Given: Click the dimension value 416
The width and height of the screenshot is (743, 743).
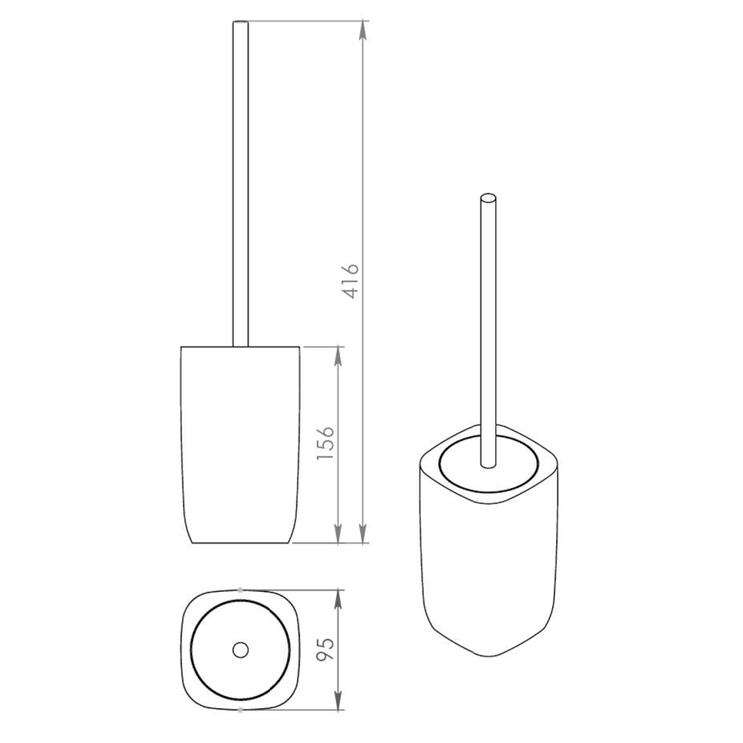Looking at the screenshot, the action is [351, 282].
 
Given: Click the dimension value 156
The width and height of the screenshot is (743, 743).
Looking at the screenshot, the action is [325, 444].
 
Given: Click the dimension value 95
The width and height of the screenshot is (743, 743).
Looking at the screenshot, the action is [325, 649].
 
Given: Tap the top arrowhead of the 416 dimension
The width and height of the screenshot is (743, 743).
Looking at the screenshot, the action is [363, 31].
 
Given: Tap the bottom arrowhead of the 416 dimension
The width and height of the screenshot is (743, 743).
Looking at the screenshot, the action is [363, 533].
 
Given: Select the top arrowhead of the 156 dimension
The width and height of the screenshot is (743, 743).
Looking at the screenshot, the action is [338, 356].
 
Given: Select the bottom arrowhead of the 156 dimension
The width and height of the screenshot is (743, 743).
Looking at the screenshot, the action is [338, 533].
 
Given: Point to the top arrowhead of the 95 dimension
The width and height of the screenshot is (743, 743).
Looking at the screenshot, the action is [338, 599].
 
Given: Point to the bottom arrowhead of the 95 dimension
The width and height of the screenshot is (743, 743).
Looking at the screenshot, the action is [338, 700].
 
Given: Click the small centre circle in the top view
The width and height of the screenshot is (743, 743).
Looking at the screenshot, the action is [241, 650].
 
